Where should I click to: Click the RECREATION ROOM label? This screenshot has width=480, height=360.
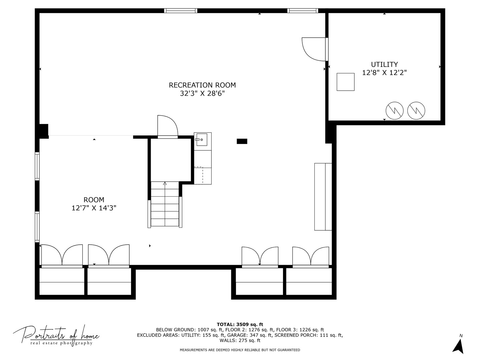(202, 85)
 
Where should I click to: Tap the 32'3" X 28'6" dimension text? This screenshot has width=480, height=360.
(202, 94)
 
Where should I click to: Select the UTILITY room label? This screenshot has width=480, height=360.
(384, 64)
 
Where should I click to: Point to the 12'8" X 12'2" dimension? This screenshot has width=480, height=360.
(384, 73)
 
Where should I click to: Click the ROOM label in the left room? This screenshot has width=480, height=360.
(94, 200)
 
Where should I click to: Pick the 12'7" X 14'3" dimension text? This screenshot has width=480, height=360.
(94, 208)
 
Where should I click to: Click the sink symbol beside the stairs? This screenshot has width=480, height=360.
(201, 140)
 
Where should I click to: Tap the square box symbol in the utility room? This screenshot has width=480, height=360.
(345, 82)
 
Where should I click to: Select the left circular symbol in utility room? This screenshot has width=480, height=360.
(395, 110)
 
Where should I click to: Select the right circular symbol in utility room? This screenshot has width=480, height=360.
(416, 110)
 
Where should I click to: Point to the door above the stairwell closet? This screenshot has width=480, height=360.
(167, 126)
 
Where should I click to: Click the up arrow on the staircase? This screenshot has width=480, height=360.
(165, 183)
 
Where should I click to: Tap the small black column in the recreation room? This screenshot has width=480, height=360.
(242, 141)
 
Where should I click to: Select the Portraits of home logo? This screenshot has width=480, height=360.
(56, 335)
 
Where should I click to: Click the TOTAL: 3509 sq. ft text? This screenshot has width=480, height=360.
(240, 324)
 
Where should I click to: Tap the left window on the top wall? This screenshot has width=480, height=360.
(181, 11)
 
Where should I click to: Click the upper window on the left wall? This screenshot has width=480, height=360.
(37, 166)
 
